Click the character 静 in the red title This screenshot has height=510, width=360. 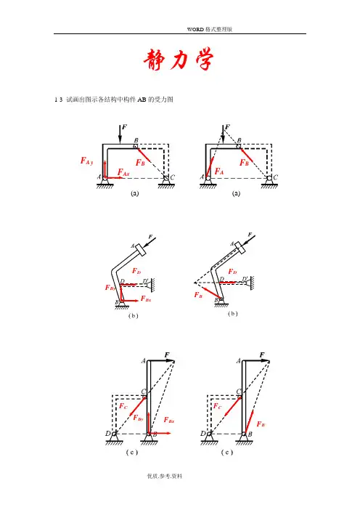click(155, 60)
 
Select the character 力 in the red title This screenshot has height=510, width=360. click(179, 60)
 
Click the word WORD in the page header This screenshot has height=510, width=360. click(195, 29)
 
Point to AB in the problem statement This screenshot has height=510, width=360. click(142, 100)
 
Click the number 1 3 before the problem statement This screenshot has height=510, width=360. click(59, 100)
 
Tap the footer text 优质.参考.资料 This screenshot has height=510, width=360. click(165, 476)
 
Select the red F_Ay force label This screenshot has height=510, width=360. click(87, 161)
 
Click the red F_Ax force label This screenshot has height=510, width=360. click(123, 172)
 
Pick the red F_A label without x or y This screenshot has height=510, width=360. click(219, 171)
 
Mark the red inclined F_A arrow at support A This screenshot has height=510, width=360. click(210, 167)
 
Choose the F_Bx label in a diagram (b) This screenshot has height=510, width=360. click(146, 299)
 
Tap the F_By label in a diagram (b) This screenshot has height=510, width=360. click(110, 288)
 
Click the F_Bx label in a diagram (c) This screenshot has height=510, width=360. click(169, 420)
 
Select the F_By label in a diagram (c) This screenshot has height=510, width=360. click(138, 418)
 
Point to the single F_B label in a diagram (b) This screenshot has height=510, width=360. click(198, 295)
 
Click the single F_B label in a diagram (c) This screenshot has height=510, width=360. click(261, 424)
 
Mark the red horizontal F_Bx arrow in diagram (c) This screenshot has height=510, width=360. click(160, 433)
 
